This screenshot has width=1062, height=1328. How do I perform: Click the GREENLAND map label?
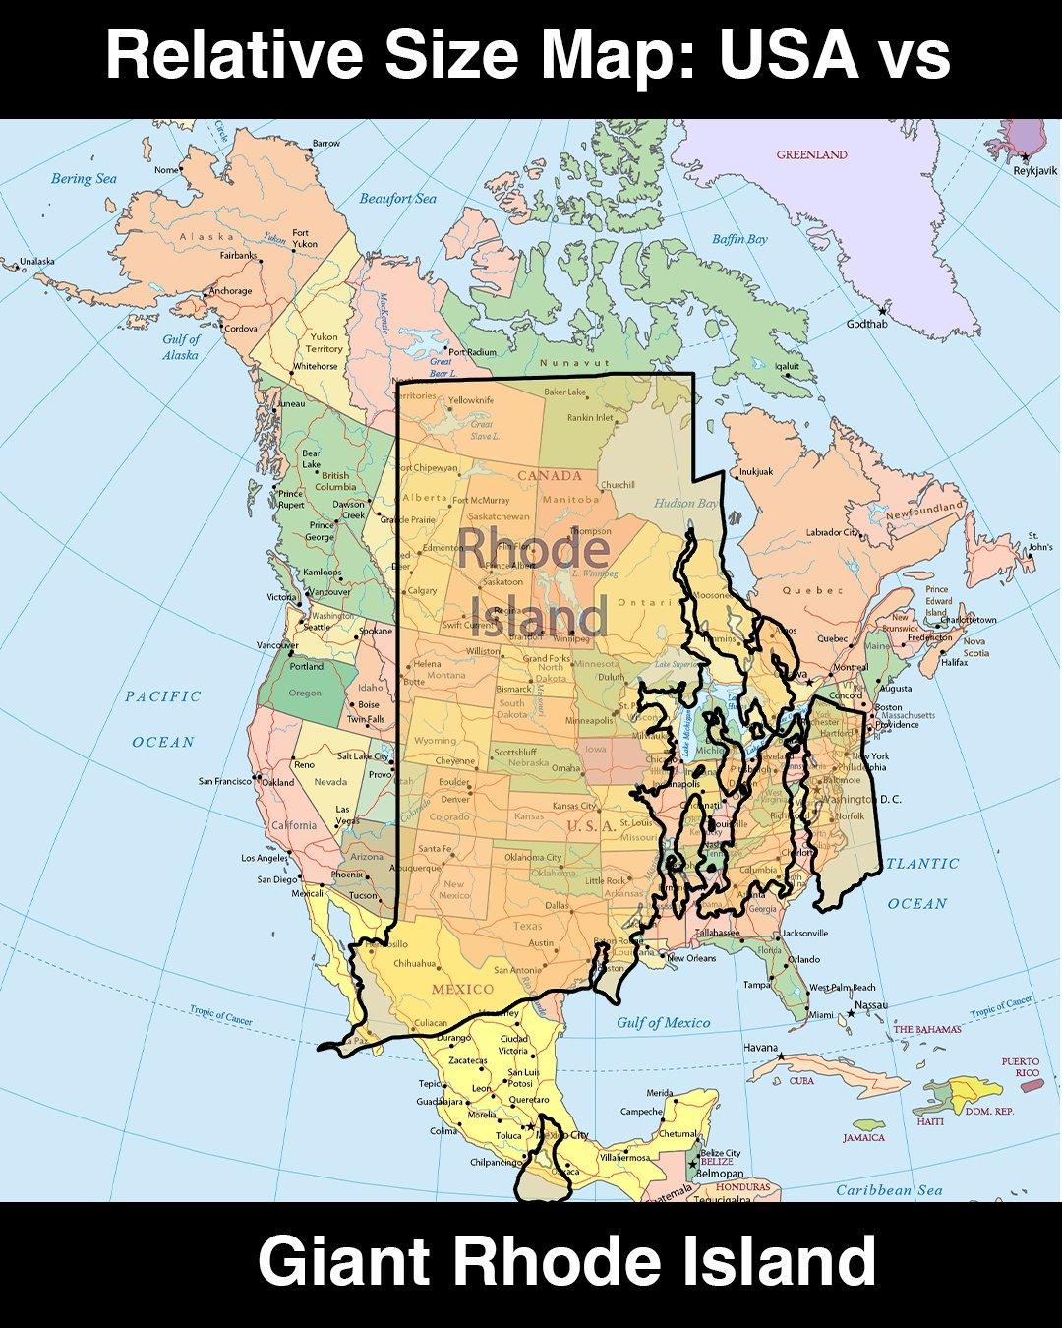811,154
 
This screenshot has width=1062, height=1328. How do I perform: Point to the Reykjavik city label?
1034,171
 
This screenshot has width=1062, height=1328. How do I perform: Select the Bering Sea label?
84,178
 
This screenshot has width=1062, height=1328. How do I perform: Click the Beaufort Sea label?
397,199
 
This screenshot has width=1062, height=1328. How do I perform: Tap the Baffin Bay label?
739,239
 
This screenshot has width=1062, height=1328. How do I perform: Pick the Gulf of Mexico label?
663,1022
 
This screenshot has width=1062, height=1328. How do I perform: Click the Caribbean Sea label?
888,1190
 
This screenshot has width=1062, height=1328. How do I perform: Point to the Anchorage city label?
230,291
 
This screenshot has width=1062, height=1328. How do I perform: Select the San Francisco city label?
225,781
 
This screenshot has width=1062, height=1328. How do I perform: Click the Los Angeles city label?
265,858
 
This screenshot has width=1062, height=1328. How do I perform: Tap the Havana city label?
760,1048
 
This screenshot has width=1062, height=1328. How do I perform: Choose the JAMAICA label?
863,1137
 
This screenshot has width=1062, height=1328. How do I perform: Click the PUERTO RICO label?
1020,1067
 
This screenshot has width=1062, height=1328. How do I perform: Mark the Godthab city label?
866,324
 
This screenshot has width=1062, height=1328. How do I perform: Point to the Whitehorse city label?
315,366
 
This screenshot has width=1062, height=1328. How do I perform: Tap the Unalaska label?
37,261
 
